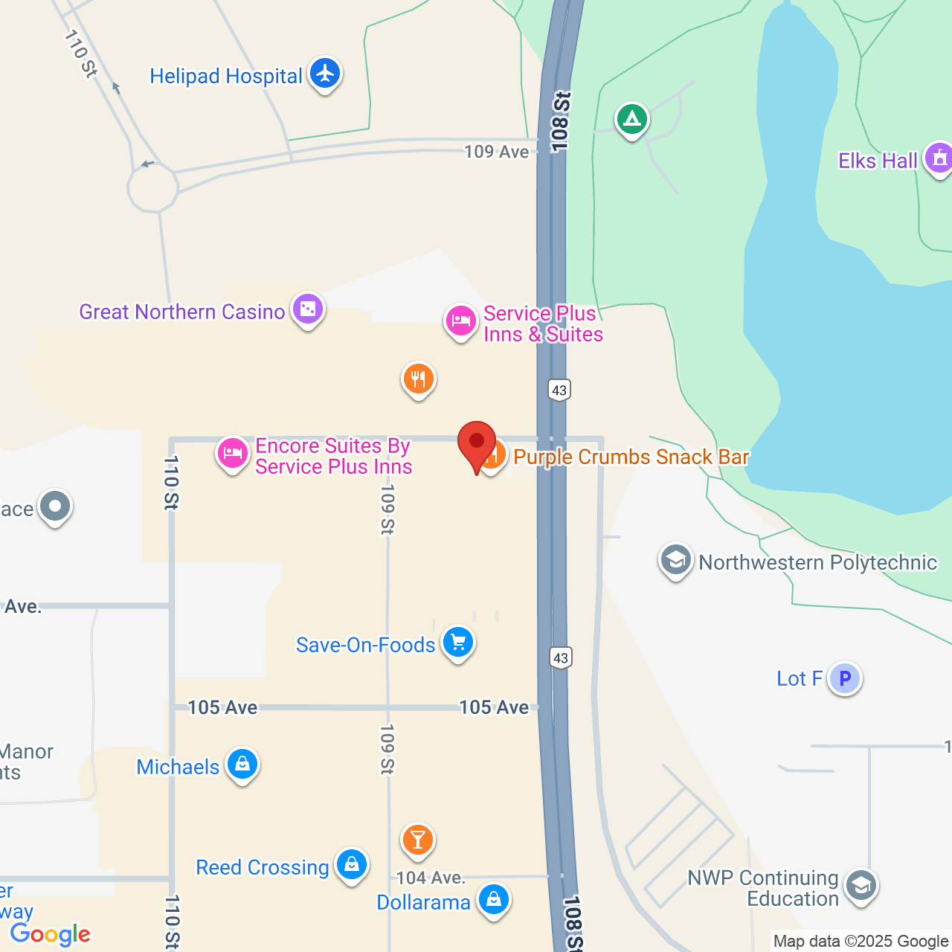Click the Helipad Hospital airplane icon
(x=325, y=74)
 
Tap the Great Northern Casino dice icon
(x=308, y=309)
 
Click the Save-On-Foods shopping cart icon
(x=458, y=642)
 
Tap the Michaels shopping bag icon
(x=242, y=764)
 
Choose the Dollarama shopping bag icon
(x=493, y=900)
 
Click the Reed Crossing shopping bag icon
(x=351, y=865)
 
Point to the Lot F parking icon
(x=845, y=678)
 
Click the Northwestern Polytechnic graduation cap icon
(x=675, y=560)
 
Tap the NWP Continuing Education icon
(x=861, y=886)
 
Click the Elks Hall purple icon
(x=939, y=158)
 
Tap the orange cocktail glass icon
(x=418, y=840)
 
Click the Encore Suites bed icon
(x=233, y=453)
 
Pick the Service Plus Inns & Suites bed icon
(x=460, y=321)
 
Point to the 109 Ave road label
(x=496, y=152)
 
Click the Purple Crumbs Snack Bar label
(x=631, y=457)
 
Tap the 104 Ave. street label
(x=431, y=878)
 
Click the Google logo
(x=51, y=934)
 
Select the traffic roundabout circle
(x=153, y=189)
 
